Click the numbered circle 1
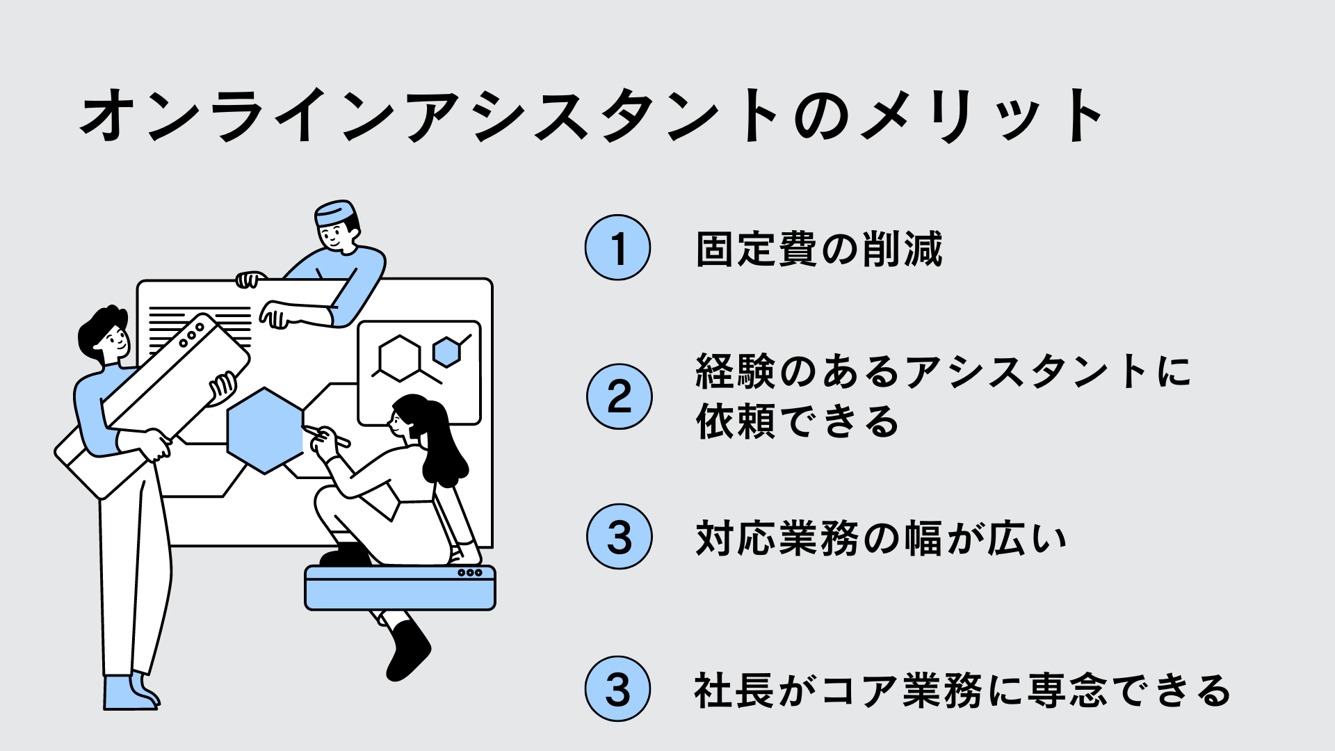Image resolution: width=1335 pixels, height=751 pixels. (617, 248)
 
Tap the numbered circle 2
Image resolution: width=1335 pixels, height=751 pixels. (619, 396)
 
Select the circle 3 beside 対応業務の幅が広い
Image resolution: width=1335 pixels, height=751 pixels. (619, 537)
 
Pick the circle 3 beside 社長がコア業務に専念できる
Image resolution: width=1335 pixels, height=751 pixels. (617, 689)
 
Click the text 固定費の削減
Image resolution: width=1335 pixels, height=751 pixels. (819, 249)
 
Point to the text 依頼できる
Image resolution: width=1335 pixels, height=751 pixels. (798, 421)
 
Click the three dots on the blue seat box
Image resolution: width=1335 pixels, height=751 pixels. (469, 573)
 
